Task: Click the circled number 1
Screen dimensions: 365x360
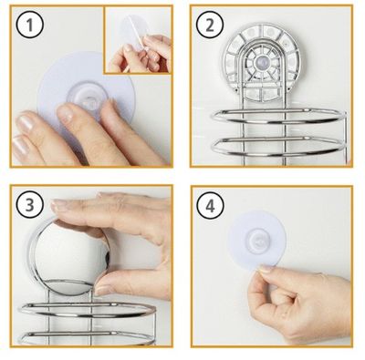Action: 30,25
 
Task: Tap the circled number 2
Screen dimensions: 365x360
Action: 210,25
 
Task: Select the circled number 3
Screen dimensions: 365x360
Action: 30,205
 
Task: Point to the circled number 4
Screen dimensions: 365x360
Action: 210,205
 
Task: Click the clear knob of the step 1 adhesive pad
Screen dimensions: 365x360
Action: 88,100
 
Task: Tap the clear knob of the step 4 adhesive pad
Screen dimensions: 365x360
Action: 257,241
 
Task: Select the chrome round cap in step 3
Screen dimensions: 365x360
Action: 69,257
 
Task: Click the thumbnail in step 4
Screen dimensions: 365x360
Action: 266,269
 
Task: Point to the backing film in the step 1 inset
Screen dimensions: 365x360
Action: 133,33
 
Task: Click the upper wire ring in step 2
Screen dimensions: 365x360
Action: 278,116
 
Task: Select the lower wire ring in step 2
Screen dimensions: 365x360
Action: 277,146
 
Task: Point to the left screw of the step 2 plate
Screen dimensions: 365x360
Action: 237,90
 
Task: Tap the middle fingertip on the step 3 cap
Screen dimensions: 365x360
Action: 59,206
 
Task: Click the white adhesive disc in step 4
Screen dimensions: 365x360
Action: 257,241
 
